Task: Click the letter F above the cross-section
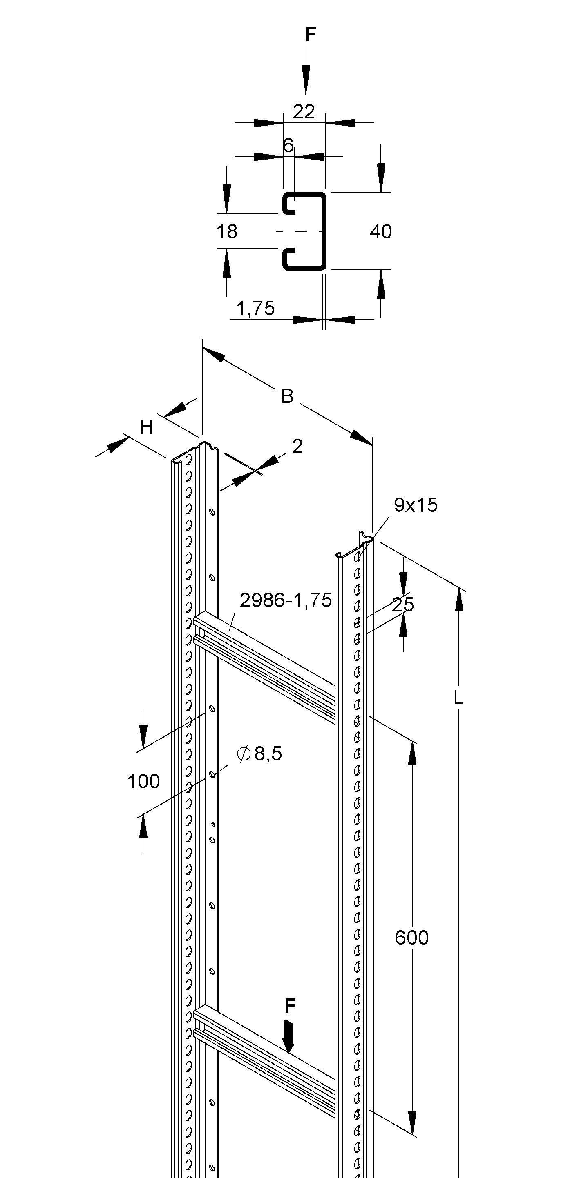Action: [311, 35]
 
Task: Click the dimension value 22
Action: [304, 112]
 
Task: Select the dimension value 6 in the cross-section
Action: [288, 145]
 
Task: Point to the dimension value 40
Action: [381, 232]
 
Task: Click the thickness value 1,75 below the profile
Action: [256, 309]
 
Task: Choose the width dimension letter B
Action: [287, 396]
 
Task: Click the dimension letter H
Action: [146, 428]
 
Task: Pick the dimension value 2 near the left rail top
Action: [297, 446]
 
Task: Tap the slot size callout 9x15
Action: [416, 505]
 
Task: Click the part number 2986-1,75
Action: [286, 600]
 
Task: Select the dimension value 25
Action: [403, 605]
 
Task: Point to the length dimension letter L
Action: [458, 698]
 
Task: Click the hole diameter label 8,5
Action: [268, 753]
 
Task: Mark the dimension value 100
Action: [144, 782]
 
